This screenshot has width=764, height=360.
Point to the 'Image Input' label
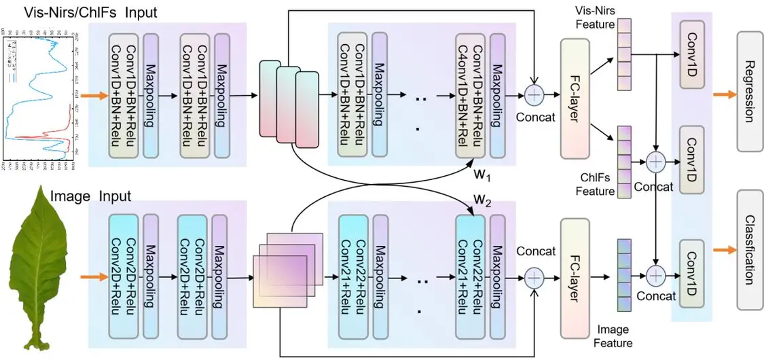(x=90, y=197)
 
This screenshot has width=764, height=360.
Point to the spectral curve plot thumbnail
(x=39, y=92)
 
